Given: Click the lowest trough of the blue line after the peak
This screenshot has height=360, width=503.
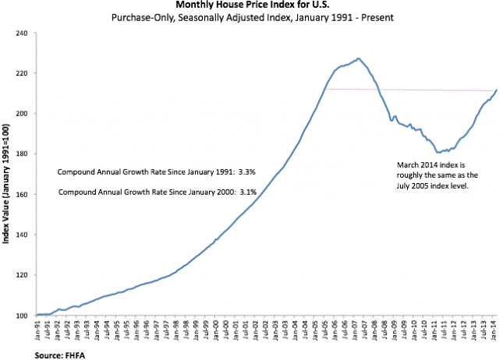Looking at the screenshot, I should (x=438, y=152).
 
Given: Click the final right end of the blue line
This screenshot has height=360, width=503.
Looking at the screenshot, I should (x=497, y=90).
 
